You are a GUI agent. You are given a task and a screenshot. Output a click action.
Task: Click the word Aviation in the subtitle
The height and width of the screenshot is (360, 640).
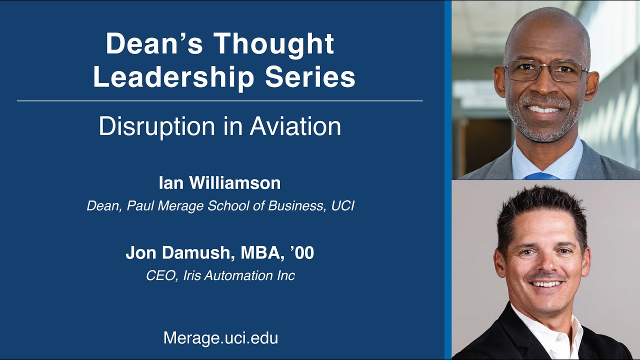click(x=295, y=126)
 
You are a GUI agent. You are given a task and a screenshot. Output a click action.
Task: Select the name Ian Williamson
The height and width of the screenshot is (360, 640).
click(x=219, y=183)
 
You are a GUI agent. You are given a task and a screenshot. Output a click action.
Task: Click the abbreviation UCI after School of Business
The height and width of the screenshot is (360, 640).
click(x=342, y=206)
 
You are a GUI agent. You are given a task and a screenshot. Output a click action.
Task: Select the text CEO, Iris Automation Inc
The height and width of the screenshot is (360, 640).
click(x=220, y=275)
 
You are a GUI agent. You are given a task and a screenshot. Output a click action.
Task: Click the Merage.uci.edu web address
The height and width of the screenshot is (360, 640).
click(x=220, y=338)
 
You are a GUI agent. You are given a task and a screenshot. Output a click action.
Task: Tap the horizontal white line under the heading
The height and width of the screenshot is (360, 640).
click(x=220, y=101)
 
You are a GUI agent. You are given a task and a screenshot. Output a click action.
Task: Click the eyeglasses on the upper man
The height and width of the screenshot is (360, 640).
click(x=546, y=71)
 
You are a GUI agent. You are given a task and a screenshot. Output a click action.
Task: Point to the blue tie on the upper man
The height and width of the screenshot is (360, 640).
click(x=540, y=176)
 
